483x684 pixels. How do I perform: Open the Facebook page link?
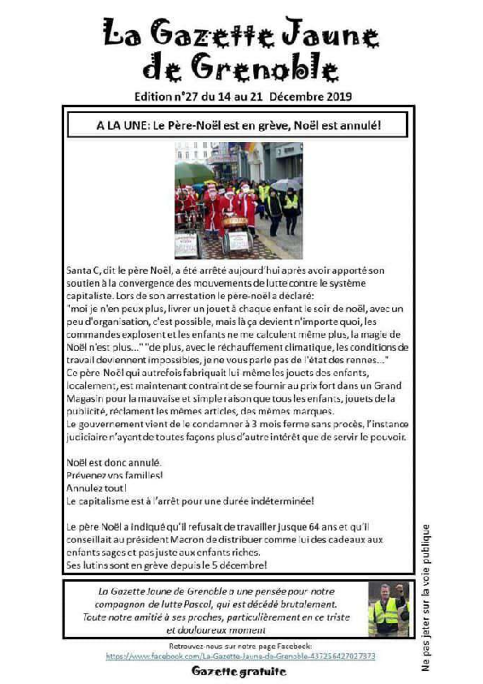pos(241,656)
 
